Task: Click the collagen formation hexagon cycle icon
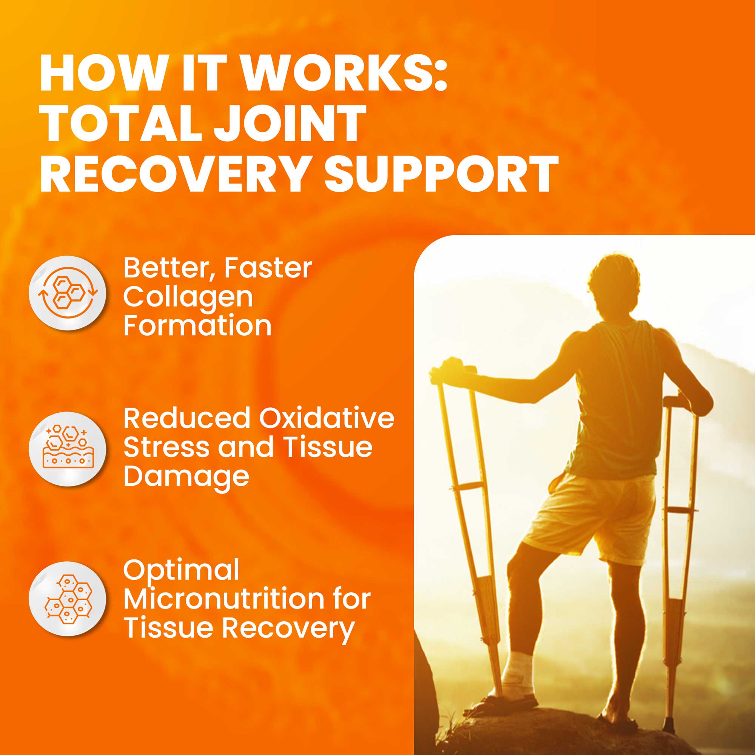click(x=68, y=293)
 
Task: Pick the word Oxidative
click(x=326, y=418)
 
